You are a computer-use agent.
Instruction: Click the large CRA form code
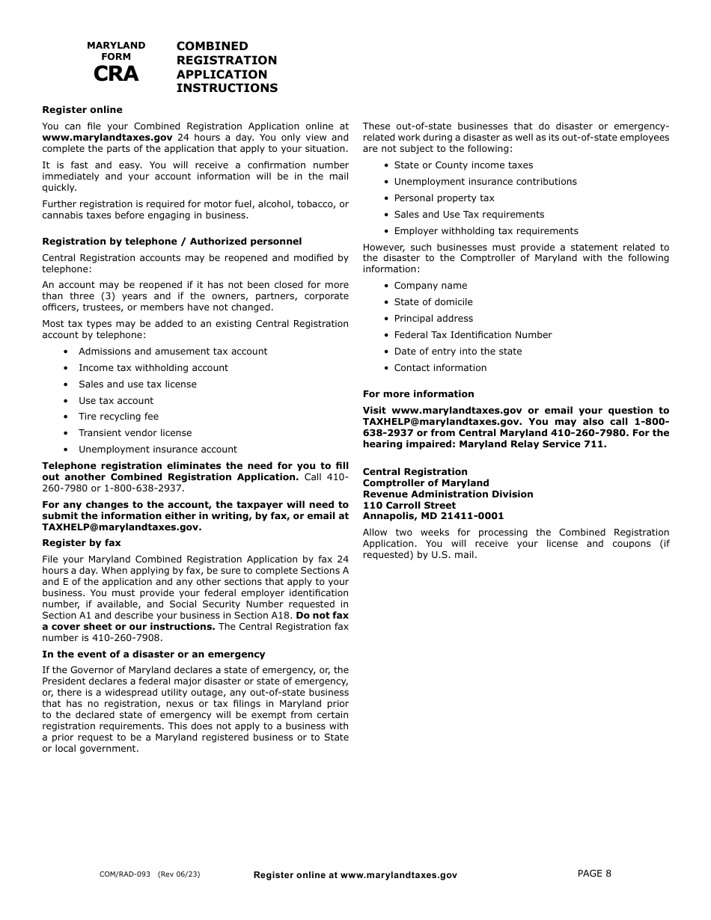point(116,74)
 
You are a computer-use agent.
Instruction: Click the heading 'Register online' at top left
point(82,110)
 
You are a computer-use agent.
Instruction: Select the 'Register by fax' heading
point(81,543)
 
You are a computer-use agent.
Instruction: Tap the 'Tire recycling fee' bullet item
point(118,417)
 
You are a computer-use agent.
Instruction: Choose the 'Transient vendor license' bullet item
point(135,433)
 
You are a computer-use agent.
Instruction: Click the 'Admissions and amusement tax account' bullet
point(172,352)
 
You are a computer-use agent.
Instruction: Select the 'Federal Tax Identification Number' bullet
point(472,335)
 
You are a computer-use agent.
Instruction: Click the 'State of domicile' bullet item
point(433,302)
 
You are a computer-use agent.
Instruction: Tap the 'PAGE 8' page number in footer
point(594,873)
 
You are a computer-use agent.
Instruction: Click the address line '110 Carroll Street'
point(409,506)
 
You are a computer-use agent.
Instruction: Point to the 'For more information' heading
point(418,394)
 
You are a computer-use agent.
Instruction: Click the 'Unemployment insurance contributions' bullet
point(485,182)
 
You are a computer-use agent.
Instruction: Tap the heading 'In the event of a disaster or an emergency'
point(153,654)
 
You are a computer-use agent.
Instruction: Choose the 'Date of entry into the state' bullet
point(457,352)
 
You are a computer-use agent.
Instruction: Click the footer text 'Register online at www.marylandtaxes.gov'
point(355,875)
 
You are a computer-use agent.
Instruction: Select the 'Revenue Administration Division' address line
point(448,494)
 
